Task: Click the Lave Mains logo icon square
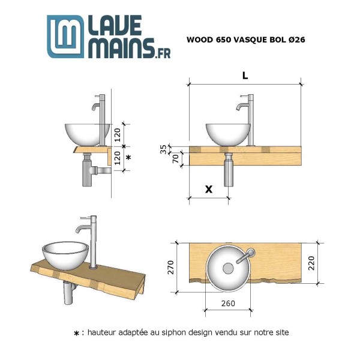66,36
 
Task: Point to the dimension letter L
245,76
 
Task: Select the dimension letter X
209,190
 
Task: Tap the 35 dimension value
163,149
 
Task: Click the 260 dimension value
228,303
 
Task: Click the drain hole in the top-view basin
228,268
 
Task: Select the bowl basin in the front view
228,134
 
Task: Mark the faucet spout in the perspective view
78,228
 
